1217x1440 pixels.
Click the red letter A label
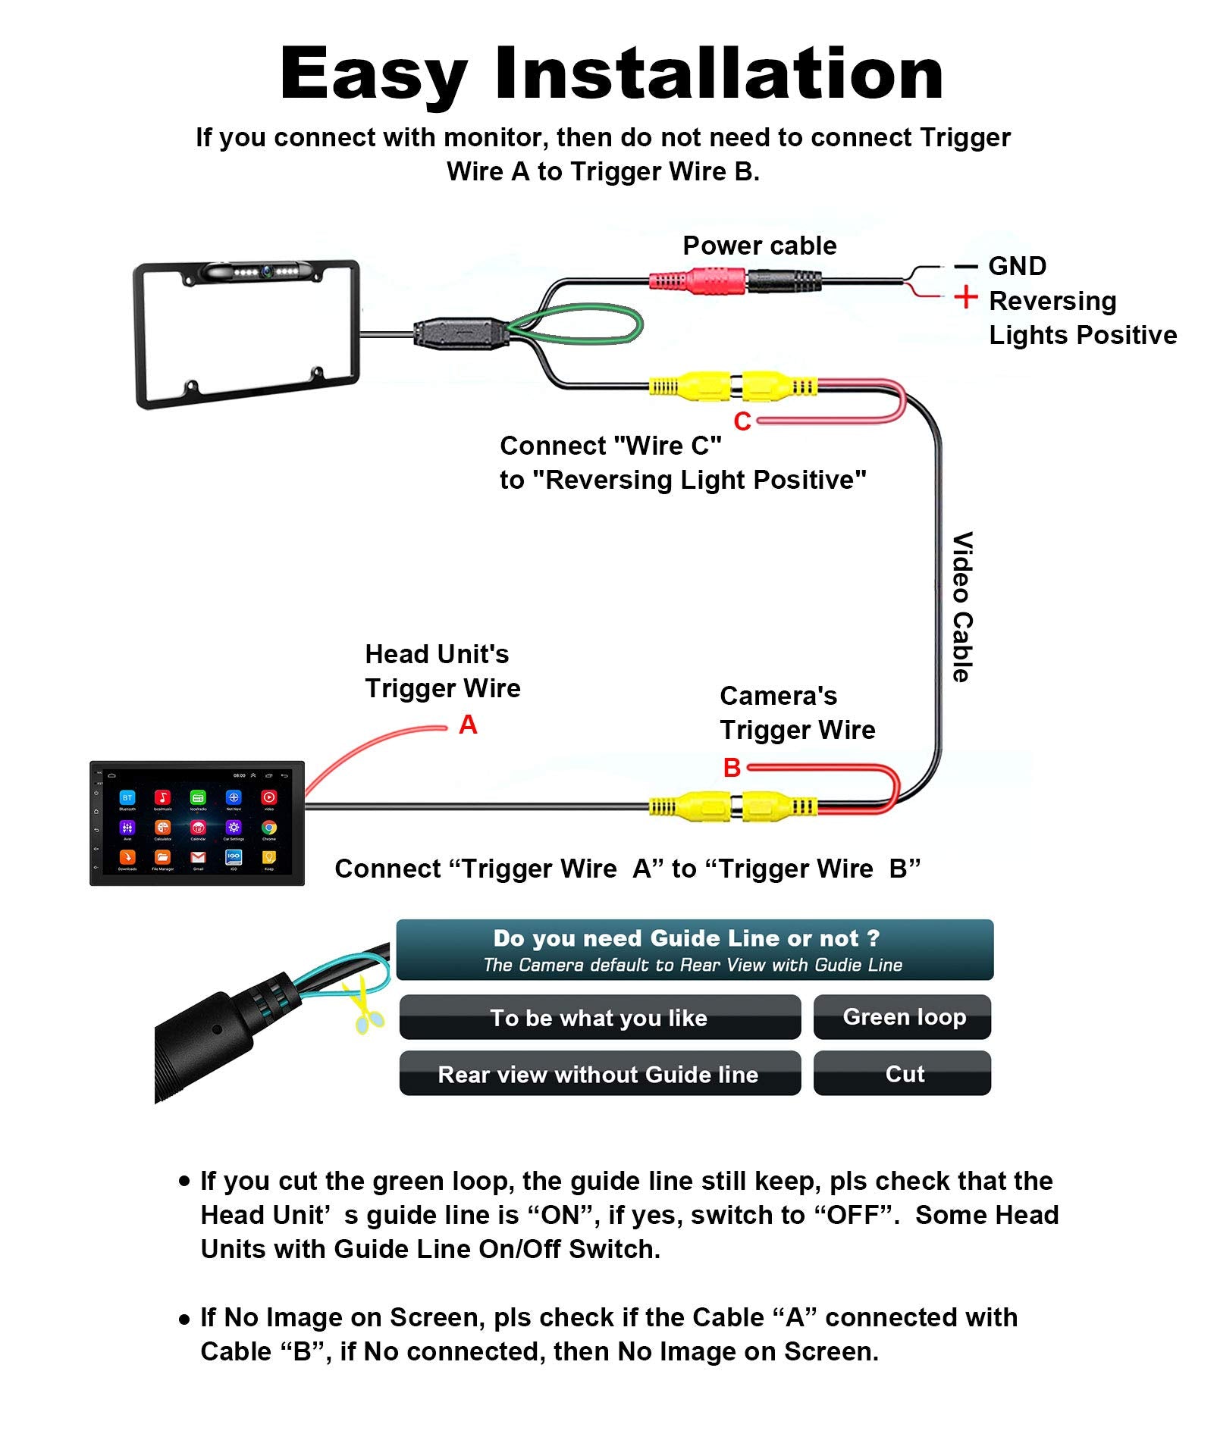(x=468, y=725)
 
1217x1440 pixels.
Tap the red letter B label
(x=732, y=768)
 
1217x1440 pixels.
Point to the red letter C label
(x=742, y=421)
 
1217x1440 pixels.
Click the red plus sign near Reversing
(x=965, y=296)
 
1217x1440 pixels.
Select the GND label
(x=1017, y=266)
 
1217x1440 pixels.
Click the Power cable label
(x=759, y=246)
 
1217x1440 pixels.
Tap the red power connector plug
(x=698, y=282)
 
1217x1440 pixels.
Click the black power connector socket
(x=784, y=282)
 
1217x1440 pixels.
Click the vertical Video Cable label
(x=962, y=606)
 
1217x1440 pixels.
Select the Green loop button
(x=902, y=1017)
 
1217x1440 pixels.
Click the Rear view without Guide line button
(x=599, y=1073)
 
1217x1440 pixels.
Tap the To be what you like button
(x=599, y=1017)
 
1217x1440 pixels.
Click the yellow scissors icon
(x=362, y=1004)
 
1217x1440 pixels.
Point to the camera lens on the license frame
(x=267, y=271)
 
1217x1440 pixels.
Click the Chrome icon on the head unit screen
(x=269, y=828)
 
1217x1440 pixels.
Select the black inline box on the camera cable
(x=460, y=333)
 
